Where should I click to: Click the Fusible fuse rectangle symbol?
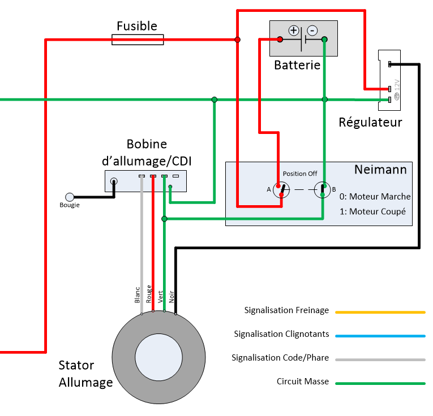point(138,40)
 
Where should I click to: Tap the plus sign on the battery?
point(293,31)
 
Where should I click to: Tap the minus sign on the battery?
point(312,31)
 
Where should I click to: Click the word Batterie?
point(297,65)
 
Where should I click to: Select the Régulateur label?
point(370,122)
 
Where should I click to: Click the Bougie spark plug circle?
point(70,197)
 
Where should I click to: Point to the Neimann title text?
point(380,170)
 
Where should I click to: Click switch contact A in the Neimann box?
point(280,190)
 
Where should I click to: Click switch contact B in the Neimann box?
point(322,189)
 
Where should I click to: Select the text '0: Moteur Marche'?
point(375,197)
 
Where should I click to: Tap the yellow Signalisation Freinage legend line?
point(380,311)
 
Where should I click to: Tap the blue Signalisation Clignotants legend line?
point(380,336)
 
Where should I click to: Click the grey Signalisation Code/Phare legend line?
point(380,359)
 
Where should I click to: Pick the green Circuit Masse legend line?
point(380,383)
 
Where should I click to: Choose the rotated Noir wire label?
point(172,297)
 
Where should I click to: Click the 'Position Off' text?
point(300,174)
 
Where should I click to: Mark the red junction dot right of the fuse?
point(238,40)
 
